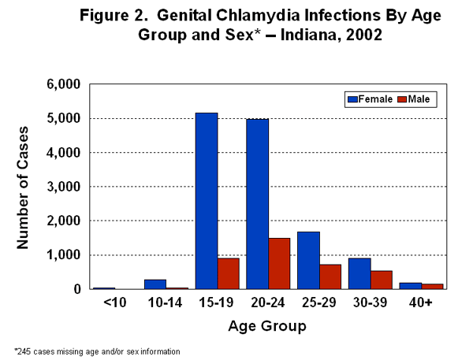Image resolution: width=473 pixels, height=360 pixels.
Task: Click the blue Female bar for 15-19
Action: click(x=207, y=201)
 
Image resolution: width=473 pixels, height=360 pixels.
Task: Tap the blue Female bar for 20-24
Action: click(x=257, y=204)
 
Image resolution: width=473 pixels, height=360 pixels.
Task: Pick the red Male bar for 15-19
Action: click(x=229, y=274)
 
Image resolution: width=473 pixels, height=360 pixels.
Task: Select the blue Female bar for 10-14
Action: click(x=155, y=284)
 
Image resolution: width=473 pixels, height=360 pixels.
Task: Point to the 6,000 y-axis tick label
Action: click(x=65, y=84)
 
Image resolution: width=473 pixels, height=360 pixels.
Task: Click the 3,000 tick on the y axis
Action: click(x=65, y=187)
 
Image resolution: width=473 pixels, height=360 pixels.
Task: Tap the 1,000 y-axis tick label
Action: click(x=65, y=255)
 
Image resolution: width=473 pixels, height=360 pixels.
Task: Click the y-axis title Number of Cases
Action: click(x=24, y=187)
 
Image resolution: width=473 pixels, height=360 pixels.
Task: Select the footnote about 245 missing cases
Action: click(x=97, y=351)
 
